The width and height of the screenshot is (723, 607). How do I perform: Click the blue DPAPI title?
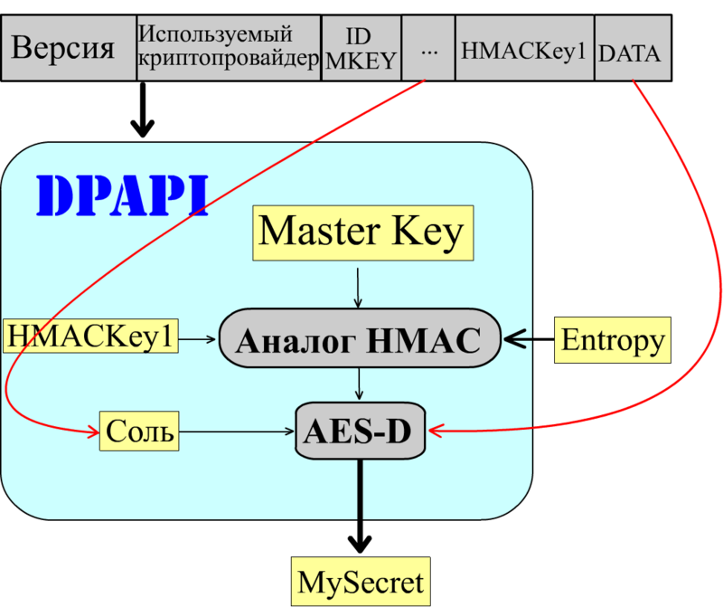[x=122, y=194]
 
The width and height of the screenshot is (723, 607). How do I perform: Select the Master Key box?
[x=361, y=232]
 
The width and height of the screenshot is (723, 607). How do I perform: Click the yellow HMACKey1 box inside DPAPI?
[x=90, y=337]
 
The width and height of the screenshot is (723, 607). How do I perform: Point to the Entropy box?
[x=613, y=340]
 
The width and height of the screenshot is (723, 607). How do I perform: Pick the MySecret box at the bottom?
[x=361, y=579]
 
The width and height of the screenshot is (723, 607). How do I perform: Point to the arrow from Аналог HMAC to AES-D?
[x=361, y=384]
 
